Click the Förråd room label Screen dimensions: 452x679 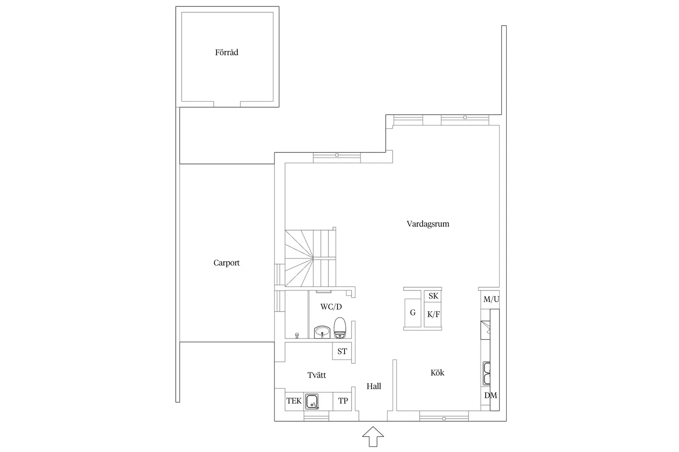pos(226,53)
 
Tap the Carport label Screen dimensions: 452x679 pos(226,263)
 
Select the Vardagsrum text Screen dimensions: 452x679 pos(428,224)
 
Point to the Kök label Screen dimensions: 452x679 pos(437,373)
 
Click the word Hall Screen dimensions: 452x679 pos(374,386)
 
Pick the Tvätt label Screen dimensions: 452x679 pos(316,375)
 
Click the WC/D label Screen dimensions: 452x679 pos(331,307)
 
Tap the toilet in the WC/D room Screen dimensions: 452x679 pos(340,327)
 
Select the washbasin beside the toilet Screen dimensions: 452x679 pos(322,332)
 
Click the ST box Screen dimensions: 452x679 pos(342,351)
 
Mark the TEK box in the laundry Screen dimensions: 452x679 pos(294,401)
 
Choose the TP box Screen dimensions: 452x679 pos(343,401)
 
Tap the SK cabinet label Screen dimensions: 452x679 pos(433,296)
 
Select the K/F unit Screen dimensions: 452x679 pos(433,315)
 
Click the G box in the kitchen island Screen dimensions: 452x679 pos(413,313)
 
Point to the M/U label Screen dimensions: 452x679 pos(491,300)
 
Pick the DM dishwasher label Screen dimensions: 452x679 pos(490,396)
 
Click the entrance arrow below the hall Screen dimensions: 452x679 pos(373,436)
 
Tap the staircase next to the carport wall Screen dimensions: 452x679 pos(311,258)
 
